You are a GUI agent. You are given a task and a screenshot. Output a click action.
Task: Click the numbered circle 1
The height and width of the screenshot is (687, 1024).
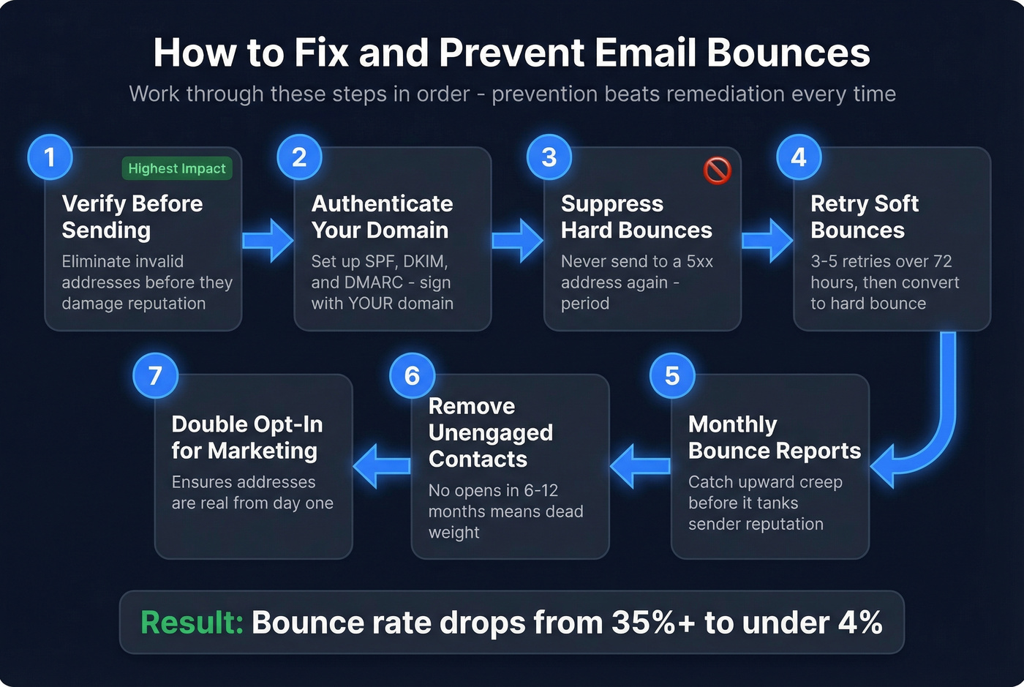(50, 157)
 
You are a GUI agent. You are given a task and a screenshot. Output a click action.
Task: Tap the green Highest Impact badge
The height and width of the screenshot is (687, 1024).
(177, 168)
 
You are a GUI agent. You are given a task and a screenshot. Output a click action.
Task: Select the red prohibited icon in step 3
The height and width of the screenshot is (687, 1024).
(717, 170)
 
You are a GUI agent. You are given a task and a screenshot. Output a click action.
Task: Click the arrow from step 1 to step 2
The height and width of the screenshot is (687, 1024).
(268, 240)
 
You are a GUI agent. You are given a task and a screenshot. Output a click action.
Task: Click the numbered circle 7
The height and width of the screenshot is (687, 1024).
(155, 375)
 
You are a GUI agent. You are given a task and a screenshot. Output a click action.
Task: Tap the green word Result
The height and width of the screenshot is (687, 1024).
(192, 623)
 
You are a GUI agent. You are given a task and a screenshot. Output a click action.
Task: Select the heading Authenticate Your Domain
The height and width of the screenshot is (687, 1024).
(382, 217)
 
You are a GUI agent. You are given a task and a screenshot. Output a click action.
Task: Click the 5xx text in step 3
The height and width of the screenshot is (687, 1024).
(699, 261)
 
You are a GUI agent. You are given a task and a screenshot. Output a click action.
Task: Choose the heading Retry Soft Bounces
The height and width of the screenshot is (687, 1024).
(864, 217)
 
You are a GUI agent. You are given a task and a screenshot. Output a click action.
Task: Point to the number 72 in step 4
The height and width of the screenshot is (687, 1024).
(942, 261)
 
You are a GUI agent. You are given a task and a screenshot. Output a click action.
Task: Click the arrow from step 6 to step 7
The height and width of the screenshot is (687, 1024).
(382, 466)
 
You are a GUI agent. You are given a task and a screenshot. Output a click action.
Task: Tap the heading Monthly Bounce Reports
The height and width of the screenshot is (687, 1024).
(774, 438)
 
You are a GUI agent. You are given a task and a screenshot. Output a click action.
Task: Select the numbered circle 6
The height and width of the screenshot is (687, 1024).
(412, 375)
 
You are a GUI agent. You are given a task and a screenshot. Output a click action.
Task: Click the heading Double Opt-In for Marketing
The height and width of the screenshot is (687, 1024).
(246, 438)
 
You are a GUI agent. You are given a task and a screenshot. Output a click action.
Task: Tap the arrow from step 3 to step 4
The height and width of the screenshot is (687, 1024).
(767, 240)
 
